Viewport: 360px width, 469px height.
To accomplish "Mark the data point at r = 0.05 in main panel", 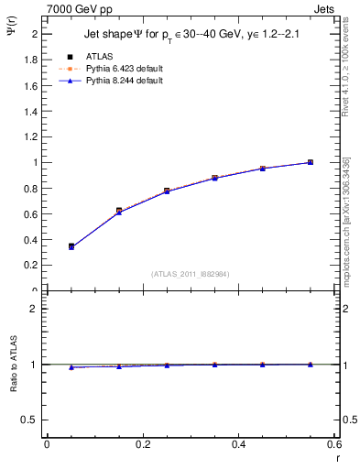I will coord(71,246).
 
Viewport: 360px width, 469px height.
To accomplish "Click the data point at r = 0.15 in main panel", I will coord(119,211).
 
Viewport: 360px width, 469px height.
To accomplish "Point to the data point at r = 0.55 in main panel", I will coord(311,162).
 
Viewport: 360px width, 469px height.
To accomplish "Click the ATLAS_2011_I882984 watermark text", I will coord(191,274).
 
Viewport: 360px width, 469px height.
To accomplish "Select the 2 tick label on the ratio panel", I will coord(34,309).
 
